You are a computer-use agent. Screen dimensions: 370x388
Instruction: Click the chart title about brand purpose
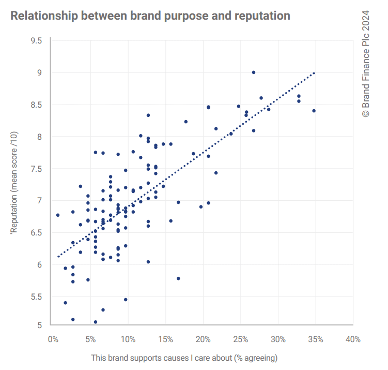click(150, 16)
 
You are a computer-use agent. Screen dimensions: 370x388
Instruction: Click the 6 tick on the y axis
click(39, 264)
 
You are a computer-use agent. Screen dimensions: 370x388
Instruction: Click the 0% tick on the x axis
click(53, 339)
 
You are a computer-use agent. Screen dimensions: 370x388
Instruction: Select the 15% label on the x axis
click(165, 339)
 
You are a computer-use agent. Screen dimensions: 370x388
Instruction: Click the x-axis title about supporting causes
click(184, 358)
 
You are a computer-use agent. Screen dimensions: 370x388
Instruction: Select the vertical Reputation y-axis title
click(14, 182)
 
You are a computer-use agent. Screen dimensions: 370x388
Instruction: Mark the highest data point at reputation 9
click(254, 72)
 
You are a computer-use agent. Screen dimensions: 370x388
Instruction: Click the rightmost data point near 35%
click(314, 111)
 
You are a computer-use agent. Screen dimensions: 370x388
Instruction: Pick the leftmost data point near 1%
click(58, 215)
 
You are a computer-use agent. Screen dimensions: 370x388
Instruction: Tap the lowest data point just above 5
click(96, 322)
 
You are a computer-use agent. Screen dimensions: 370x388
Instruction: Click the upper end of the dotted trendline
click(314, 73)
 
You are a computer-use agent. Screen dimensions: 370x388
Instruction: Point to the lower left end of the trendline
click(58, 256)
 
